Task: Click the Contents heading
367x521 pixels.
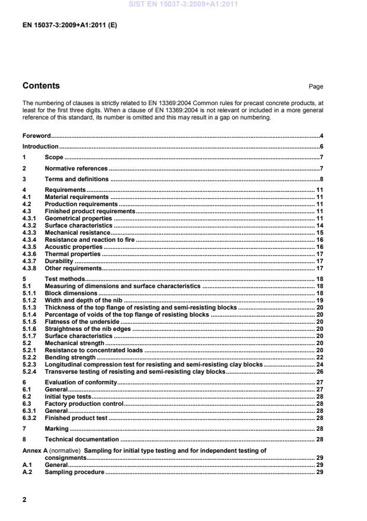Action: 41,86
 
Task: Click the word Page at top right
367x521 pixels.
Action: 316,87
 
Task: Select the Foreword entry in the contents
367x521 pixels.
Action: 36,136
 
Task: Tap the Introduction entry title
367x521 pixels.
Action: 40,146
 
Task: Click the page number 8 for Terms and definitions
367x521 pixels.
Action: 321,179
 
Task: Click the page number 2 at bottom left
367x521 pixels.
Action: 24,500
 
